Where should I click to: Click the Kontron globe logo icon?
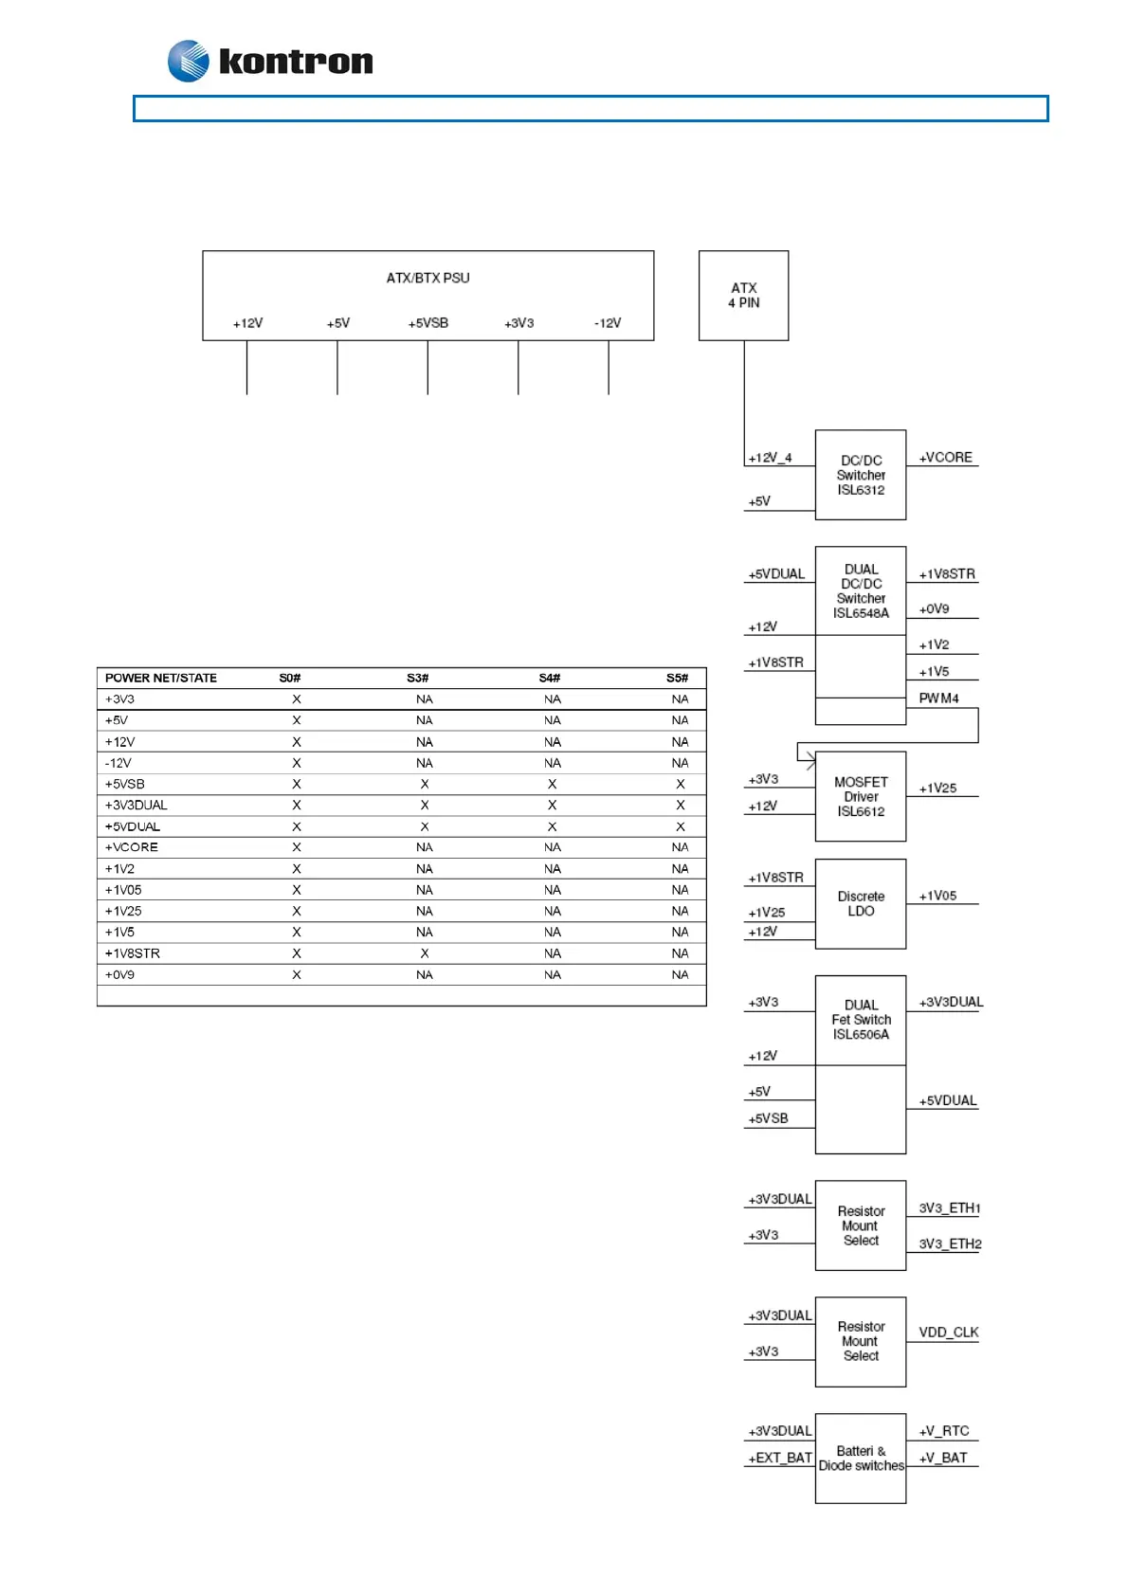coord(188,62)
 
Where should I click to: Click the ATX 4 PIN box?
coord(743,295)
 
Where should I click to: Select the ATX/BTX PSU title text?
coord(428,278)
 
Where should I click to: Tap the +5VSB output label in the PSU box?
coord(428,323)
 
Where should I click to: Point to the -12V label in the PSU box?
coord(608,323)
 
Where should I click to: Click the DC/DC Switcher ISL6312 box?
coord(861,475)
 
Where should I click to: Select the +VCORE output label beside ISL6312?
coord(945,457)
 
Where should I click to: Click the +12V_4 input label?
coord(770,458)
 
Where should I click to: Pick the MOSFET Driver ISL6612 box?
coord(861,796)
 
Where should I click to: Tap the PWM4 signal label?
coord(938,698)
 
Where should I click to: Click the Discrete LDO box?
coord(861,903)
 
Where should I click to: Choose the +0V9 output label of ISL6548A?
coord(934,609)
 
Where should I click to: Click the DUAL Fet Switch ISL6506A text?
coord(861,1020)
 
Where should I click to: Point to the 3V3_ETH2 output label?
coord(950,1243)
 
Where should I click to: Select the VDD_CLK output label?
coord(948,1333)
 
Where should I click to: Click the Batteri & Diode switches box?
coord(861,1458)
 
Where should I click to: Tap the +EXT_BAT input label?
coord(780,1458)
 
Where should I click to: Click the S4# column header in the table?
coord(550,678)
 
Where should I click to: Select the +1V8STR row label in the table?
coord(133,953)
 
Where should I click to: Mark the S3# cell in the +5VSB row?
coord(425,784)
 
